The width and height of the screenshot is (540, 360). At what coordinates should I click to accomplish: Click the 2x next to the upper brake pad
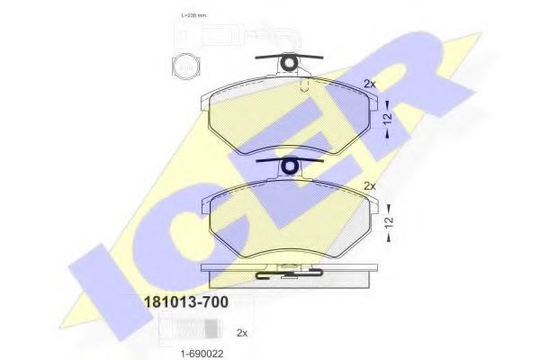tap(369, 84)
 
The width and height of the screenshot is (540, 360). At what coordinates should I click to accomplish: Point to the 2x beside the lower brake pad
tap(369, 186)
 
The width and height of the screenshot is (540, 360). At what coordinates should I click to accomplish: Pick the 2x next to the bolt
tap(241, 332)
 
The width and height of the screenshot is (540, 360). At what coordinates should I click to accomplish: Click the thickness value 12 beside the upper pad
tap(387, 117)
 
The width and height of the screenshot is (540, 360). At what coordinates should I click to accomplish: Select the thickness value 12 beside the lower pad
tap(387, 220)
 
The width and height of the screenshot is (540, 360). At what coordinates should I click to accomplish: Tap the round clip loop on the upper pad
tap(290, 62)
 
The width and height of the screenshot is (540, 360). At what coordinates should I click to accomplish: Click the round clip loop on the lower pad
tap(290, 166)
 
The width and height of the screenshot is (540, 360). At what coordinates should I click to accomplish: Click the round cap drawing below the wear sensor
tap(184, 65)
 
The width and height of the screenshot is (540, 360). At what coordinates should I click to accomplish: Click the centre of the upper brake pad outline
tap(288, 117)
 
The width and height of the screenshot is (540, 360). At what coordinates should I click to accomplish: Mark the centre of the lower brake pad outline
tap(288, 220)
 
